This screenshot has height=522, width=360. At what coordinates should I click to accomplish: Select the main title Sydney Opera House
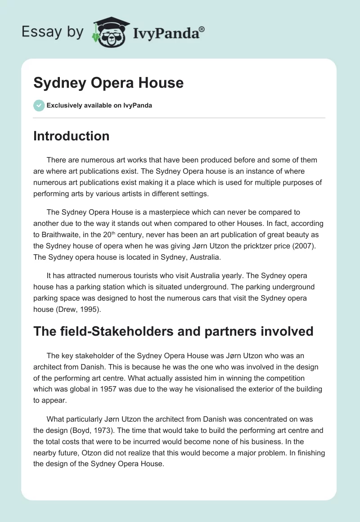pos(108,83)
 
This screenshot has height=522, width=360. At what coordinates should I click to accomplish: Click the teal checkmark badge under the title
pos(39,105)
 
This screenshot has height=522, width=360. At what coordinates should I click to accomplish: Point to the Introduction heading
pos(71,136)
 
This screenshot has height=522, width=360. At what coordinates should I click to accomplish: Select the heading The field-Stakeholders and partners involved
pos(173,331)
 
